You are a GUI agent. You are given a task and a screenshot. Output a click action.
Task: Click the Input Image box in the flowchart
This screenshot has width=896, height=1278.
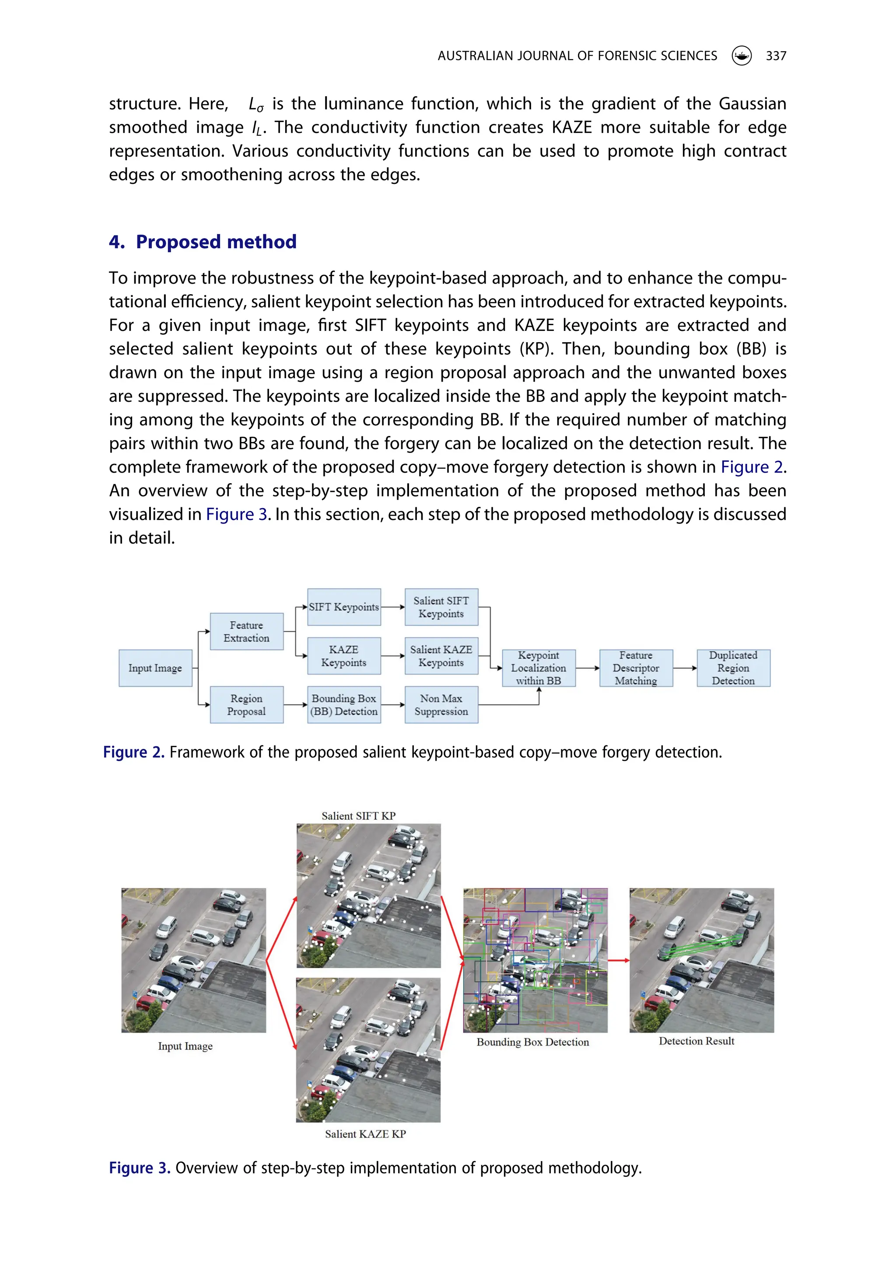[x=155, y=667]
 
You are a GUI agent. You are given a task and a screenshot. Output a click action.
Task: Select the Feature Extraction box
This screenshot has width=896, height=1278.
[x=247, y=631]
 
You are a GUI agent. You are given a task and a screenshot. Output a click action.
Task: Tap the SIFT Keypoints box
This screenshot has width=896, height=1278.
[x=344, y=607]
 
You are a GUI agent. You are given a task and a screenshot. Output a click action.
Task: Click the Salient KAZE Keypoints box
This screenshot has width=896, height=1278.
[x=441, y=656]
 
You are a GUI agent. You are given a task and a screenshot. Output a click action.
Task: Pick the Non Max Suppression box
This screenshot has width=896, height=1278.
[x=441, y=705]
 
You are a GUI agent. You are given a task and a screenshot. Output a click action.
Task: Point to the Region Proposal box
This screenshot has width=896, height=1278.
[x=247, y=705]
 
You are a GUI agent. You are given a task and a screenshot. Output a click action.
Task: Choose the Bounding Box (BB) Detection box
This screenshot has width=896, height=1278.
[x=344, y=705]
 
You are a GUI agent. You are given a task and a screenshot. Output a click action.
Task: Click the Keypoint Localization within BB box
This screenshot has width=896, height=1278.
[x=539, y=667]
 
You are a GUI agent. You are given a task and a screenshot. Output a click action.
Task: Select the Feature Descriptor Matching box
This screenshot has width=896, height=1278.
[x=636, y=667]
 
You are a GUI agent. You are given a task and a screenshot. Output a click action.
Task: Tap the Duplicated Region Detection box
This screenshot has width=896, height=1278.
[x=734, y=667]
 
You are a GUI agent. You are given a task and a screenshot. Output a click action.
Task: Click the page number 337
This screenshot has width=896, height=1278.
[x=776, y=56]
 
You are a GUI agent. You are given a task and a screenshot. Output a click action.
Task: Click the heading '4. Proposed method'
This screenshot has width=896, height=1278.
[x=203, y=242]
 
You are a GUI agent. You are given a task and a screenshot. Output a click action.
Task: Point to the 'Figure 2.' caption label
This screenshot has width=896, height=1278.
[x=133, y=752]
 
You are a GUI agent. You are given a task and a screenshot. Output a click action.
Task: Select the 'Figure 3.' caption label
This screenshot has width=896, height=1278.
[x=140, y=1167]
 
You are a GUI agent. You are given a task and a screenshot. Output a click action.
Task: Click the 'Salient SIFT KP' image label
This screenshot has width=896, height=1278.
[x=358, y=815]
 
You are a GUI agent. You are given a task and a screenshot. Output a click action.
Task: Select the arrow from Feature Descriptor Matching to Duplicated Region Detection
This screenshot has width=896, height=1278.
[x=685, y=667]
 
